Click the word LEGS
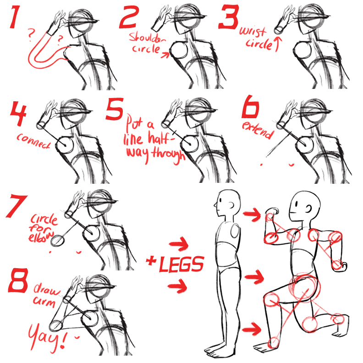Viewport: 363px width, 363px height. [x=181, y=265]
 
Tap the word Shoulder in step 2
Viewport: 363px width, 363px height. [x=145, y=37]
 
